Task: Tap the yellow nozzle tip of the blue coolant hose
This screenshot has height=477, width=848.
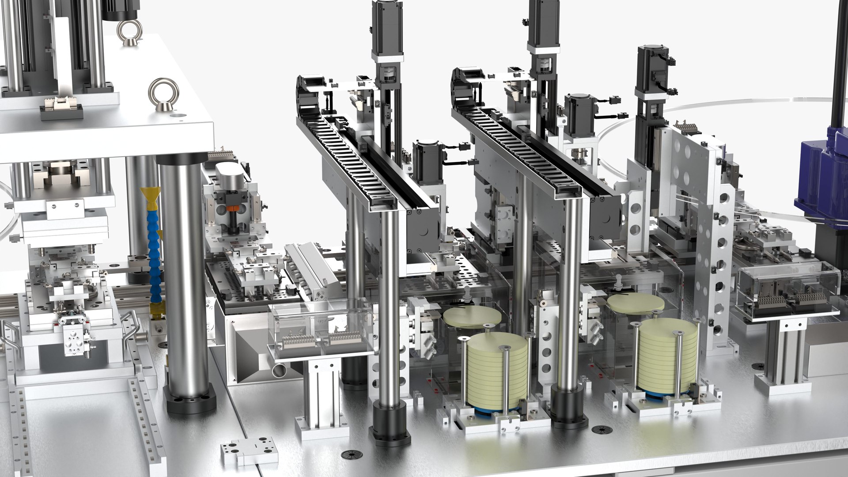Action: pos(150,198)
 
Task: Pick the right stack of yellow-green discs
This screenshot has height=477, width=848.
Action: pos(668,356)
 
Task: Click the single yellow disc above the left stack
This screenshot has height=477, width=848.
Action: pos(472,316)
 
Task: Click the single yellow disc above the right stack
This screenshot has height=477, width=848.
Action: pos(636,303)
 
